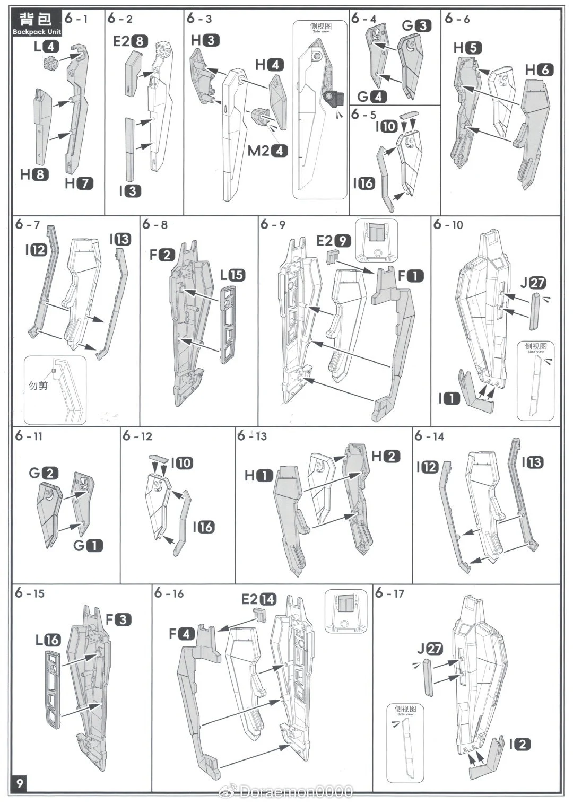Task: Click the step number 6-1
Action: coord(76,19)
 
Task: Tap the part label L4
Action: coord(46,47)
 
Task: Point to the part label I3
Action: coord(129,190)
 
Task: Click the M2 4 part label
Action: coord(267,151)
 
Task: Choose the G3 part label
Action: coord(416,25)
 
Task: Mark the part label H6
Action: coord(539,69)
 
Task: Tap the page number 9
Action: coord(20,783)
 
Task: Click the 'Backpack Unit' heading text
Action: coord(37,32)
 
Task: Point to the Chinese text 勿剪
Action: coord(38,386)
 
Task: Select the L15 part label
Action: coord(233,275)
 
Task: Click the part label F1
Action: coord(411,276)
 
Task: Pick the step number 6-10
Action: coord(448,224)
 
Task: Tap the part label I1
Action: coord(449,398)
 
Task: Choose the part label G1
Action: coord(88,545)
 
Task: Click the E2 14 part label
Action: coord(259,599)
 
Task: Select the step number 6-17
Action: coord(389,593)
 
